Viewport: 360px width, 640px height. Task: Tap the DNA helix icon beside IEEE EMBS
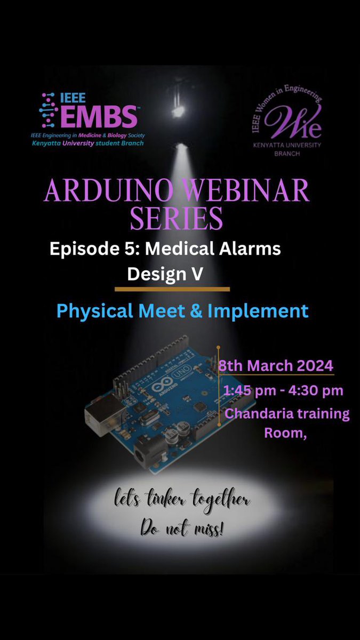coord(49,108)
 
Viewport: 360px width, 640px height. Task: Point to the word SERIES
coord(177,218)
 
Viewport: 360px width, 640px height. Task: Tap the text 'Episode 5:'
coord(91,249)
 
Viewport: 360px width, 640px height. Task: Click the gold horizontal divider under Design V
coord(172,290)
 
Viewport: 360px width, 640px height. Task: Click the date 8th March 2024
coord(276,366)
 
